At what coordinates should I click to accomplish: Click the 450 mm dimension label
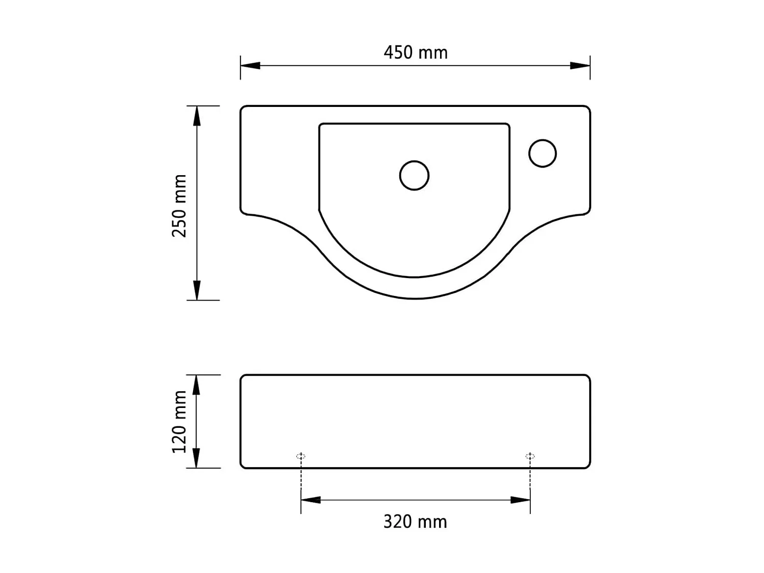pos(415,52)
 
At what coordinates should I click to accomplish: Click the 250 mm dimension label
pos(179,205)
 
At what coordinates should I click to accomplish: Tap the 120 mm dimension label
pos(179,421)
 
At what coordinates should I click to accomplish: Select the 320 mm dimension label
pos(415,522)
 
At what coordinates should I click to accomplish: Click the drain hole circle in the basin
pos(414,175)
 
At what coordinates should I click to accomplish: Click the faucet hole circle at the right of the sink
pos(542,153)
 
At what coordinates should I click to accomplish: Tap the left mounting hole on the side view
pos(301,456)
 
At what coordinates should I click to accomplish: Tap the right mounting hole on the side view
pos(530,456)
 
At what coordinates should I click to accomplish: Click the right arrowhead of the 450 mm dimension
pos(580,66)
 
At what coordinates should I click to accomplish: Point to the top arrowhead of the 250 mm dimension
pos(197,116)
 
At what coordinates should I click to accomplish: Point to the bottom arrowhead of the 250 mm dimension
pos(197,290)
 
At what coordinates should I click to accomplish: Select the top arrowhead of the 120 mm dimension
pos(197,385)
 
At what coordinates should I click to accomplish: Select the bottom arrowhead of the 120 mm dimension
pos(197,458)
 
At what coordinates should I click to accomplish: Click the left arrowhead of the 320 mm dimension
pos(311,500)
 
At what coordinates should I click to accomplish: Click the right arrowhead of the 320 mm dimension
pos(521,500)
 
